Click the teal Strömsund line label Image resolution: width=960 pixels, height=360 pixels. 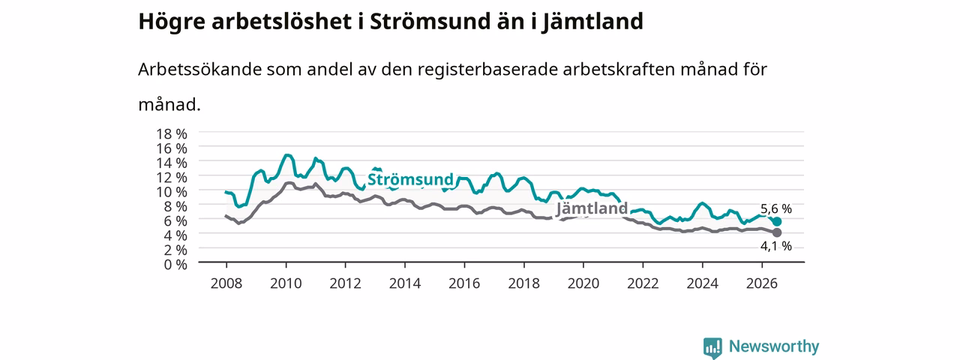click(410, 179)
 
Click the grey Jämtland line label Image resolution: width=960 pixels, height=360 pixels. click(592, 208)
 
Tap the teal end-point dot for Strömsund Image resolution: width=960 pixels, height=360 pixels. click(776, 221)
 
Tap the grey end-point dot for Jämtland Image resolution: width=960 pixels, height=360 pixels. click(776, 232)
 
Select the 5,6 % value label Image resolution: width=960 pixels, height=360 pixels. click(776, 208)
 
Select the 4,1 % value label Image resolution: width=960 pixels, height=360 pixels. click(776, 246)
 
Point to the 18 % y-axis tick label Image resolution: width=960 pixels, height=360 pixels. click(172, 134)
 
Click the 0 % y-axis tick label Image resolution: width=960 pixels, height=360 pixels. click(175, 265)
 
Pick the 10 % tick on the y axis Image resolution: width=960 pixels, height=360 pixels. click(172, 192)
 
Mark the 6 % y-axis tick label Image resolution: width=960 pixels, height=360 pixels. click(175, 220)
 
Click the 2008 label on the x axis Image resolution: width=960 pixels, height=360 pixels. click(226, 283)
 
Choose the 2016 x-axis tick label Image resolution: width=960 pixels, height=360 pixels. click(464, 283)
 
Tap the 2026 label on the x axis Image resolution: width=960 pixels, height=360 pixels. click(762, 283)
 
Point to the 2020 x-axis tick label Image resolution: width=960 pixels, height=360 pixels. click(583, 283)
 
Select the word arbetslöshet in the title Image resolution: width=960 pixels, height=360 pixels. click(282, 22)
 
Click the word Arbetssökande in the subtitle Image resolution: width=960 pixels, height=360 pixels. click(199, 69)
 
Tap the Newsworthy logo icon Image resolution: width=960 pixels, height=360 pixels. click(712, 348)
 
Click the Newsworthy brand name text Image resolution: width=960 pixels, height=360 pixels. click(774, 346)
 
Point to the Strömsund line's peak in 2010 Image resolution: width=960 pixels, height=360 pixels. click(286, 155)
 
